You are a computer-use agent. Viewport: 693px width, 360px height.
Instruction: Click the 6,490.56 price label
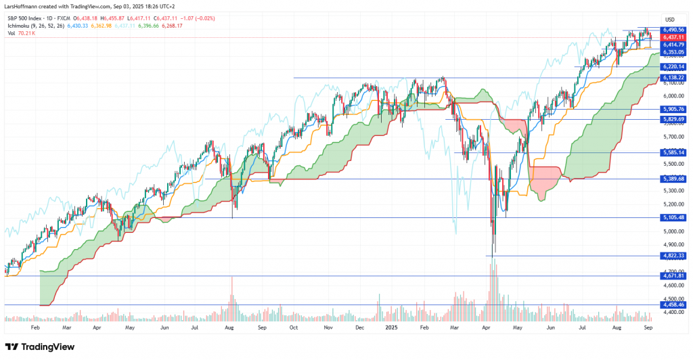point(673,30)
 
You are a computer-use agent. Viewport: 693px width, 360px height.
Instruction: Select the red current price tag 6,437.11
point(673,37)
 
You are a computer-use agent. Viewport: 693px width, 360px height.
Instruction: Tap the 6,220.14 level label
point(673,67)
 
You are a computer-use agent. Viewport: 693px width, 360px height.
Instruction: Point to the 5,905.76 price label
point(673,109)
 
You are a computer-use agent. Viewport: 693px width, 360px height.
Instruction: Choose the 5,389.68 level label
point(673,179)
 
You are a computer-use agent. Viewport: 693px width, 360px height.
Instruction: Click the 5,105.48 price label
point(673,217)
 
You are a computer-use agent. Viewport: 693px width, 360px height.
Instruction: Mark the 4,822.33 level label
point(673,255)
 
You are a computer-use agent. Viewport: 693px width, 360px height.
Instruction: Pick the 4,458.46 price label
point(673,305)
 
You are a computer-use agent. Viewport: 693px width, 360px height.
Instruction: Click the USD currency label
point(670,19)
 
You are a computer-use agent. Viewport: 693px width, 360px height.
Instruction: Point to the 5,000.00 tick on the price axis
point(672,231)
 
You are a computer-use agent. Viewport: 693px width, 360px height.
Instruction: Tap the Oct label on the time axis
point(293,326)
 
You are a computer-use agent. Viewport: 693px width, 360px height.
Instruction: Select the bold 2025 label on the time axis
point(390,326)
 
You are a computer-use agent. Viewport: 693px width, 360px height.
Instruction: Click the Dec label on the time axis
point(359,326)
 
